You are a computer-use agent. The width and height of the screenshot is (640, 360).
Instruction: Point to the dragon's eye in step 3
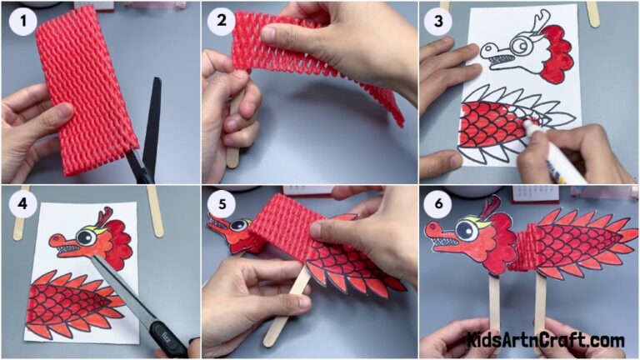523,43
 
